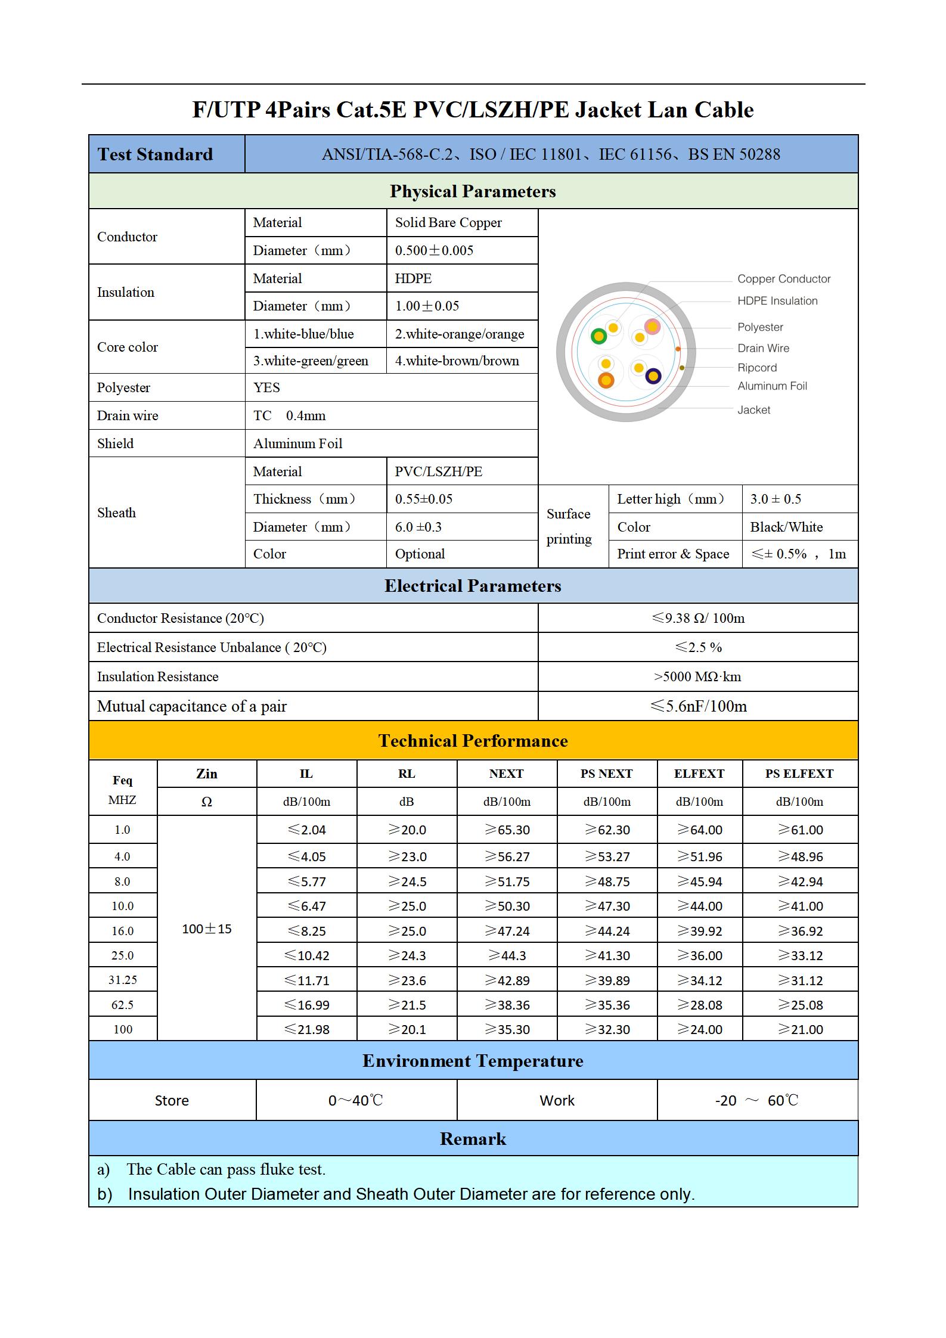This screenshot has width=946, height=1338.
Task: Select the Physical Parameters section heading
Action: [x=473, y=191]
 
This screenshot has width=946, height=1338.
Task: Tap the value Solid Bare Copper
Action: [x=448, y=223]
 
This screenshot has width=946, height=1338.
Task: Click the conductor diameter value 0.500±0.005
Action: [x=434, y=251]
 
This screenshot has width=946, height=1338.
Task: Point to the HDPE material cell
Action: [x=413, y=278]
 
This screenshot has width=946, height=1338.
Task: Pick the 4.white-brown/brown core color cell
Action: [x=457, y=361]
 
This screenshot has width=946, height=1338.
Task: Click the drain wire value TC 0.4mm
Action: [x=290, y=416]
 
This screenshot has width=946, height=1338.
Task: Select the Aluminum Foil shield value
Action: [x=298, y=444]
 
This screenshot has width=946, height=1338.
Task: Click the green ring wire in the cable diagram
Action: [x=598, y=337]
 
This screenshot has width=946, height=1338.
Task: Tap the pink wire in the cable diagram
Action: [x=652, y=326]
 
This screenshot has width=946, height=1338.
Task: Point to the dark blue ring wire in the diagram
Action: [x=653, y=376]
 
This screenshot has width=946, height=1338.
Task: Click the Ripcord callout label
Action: [x=757, y=368]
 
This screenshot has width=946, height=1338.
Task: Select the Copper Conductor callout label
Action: [x=783, y=279]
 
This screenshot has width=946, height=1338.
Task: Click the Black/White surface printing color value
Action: [x=786, y=527]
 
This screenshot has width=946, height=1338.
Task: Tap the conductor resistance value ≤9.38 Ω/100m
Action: [x=698, y=619]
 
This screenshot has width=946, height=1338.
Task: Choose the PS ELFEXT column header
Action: [x=799, y=774]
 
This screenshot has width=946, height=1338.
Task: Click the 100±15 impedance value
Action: [x=207, y=929]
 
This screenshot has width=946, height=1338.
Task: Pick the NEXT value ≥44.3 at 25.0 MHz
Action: [x=507, y=956]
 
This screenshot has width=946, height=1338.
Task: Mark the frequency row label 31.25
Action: [x=123, y=980]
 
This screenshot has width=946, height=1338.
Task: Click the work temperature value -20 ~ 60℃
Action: [x=756, y=1101]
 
